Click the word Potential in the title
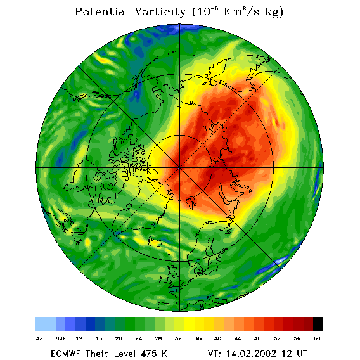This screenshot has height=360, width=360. (101, 11)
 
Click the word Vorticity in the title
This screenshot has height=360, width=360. (160, 11)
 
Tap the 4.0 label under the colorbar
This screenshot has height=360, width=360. (41, 338)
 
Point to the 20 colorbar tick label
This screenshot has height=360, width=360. (119, 338)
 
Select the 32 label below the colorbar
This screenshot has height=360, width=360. (178, 338)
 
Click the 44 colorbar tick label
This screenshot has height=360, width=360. (238, 338)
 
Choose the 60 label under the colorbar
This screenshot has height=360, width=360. (317, 338)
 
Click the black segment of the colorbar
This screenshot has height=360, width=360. (318, 324)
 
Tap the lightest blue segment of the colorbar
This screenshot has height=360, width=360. (46, 324)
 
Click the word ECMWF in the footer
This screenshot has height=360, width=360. (66, 354)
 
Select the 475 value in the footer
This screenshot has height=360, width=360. (149, 354)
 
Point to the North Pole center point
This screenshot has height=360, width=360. (180, 169)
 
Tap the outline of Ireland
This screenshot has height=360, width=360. (164, 278)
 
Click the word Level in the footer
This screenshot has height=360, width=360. (125, 354)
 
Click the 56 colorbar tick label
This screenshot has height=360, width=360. (297, 338)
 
